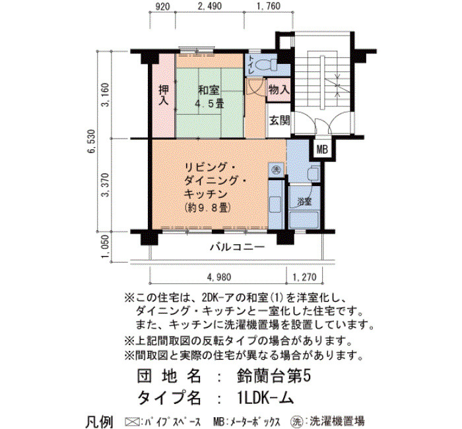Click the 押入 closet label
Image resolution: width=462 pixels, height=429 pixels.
click(164, 95)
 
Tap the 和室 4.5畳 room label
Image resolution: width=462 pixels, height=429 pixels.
click(210, 96)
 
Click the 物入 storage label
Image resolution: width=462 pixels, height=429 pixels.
click(279, 90)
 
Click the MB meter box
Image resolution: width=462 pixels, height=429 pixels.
click(322, 150)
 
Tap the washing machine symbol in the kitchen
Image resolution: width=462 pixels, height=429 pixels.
click(277, 170)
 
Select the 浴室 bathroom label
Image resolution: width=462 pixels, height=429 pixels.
click(304, 202)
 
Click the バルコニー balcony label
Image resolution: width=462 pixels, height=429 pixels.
click(238, 247)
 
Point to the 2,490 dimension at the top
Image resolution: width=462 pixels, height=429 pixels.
click(210, 6)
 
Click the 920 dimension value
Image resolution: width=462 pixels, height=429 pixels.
click(162, 6)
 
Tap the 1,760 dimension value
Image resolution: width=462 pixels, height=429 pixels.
click(269, 6)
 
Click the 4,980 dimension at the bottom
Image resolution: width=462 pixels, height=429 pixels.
click(219, 277)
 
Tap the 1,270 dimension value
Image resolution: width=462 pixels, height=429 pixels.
click(304, 277)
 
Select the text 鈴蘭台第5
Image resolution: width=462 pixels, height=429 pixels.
click(274, 377)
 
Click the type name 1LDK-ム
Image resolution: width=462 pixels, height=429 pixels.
click(265, 399)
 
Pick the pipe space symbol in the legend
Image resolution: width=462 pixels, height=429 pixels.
click(132, 421)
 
